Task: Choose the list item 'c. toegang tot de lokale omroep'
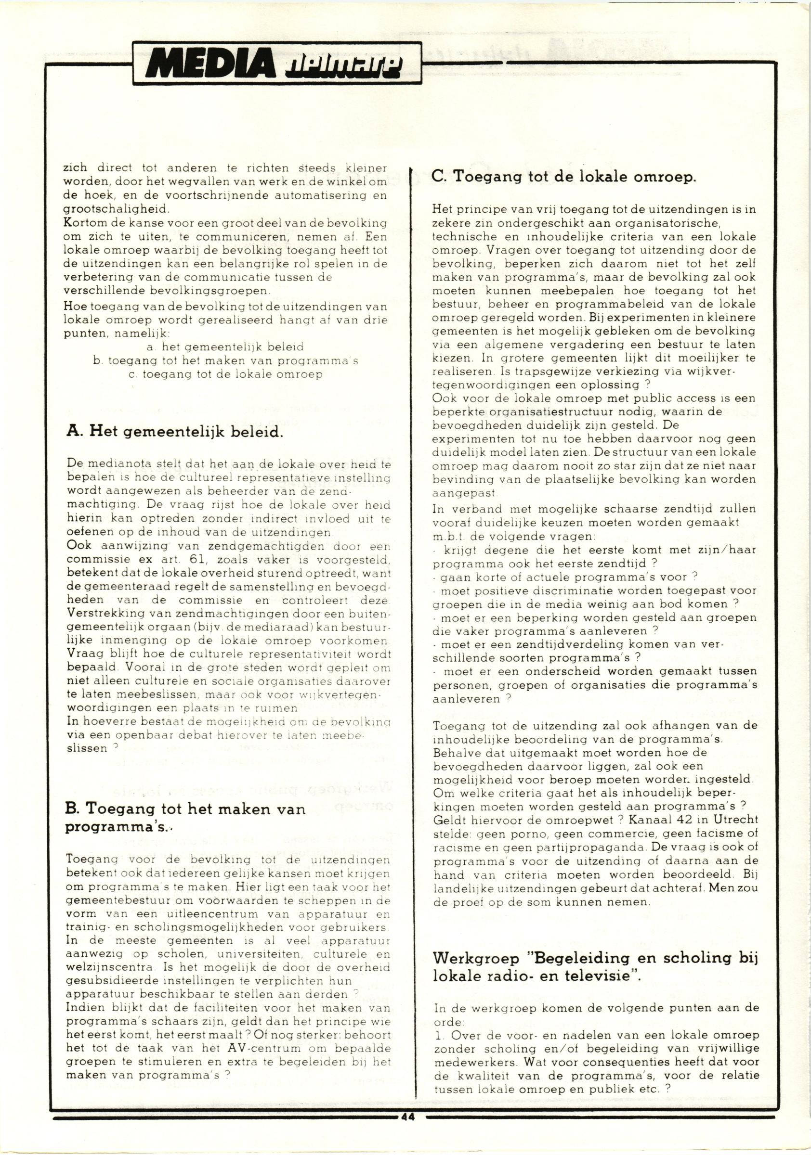pyautogui.click(x=225, y=374)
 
